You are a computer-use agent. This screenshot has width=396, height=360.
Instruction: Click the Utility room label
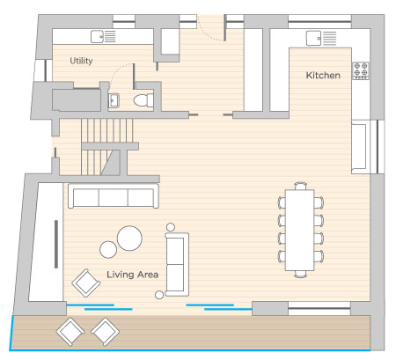[x=81, y=61]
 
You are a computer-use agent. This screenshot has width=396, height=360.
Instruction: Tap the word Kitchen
[x=323, y=76]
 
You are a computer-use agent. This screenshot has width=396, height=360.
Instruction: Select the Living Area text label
[x=132, y=275]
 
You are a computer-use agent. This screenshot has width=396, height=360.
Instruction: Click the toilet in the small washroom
[x=143, y=100]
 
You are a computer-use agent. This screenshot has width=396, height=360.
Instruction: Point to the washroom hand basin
[x=114, y=100]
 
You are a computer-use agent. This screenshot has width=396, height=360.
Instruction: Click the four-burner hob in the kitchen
[x=361, y=70]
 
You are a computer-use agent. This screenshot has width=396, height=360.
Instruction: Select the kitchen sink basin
[x=313, y=38]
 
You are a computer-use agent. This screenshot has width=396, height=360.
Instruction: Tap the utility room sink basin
[x=97, y=37]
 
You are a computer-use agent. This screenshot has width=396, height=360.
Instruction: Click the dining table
[x=299, y=230]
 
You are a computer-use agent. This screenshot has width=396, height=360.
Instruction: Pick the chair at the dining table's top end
[x=301, y=186]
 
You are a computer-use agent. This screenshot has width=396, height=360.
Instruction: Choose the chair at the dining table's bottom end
[x=301, y=274]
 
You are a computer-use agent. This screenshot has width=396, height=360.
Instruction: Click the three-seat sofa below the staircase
[x=114, y=196]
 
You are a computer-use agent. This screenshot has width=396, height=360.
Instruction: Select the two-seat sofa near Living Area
[x=177, y=264]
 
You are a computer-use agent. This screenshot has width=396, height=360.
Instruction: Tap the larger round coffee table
[x=129, y=239]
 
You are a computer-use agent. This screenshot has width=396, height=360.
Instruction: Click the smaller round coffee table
[x=108, y=250]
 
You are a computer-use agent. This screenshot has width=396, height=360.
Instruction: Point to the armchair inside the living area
[x=86, y=283]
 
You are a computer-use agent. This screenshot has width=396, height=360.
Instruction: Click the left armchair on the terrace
[x=70, y=332]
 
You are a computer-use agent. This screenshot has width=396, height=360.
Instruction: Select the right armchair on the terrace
[x=105, y=332]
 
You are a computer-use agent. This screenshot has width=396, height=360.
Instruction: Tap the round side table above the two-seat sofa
[x=171, y=227]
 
